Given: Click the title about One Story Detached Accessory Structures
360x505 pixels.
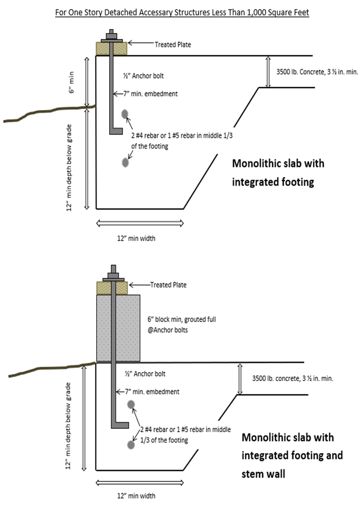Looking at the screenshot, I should (182, 12).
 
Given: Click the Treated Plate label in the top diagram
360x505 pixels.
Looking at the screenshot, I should (172, 45).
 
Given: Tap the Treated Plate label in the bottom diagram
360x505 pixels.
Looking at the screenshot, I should (168, 285).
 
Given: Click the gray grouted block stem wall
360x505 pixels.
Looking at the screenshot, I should (118, 328).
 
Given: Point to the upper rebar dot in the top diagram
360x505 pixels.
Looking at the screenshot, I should (125, 114).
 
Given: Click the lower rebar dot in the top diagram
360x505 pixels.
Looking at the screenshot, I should (125, 162).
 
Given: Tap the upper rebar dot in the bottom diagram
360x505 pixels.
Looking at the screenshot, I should (131, 404).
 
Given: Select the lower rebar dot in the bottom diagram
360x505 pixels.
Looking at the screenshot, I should (131, 445).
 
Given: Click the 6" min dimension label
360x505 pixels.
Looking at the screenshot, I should (71, 83).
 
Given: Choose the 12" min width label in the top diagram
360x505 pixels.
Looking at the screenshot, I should (136, 238).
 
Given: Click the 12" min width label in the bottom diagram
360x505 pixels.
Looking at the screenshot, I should (136, 496).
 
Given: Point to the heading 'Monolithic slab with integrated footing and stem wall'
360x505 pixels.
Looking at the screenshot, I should (292, 455).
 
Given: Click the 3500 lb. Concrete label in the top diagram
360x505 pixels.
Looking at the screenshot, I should (317, 72).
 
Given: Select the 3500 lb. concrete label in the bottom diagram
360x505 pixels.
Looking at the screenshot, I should (292, 378).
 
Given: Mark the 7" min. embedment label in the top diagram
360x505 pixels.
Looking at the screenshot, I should (150, 94).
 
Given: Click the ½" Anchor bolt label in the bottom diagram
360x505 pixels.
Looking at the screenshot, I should (145, 374).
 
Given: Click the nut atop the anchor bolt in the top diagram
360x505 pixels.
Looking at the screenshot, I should (111, 36).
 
